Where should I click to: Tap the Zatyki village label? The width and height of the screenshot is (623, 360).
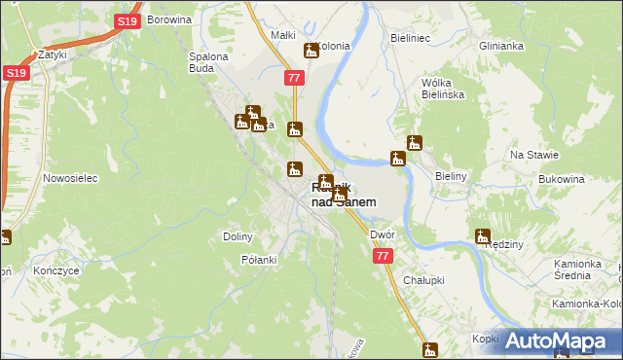point(52,54)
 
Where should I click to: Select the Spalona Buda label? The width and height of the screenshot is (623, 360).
point(207,62)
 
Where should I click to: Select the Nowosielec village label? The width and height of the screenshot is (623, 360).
point(67,179)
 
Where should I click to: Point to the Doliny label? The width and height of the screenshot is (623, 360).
point(238,236)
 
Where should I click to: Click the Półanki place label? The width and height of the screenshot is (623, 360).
point(259,260)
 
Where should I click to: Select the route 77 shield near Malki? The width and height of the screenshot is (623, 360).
point(294,77)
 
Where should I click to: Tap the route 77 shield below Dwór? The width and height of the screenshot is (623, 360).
point(383,256)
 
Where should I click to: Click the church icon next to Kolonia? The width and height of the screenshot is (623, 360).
point(311,50)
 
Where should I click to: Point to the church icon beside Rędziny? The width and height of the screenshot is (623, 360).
point(482,235)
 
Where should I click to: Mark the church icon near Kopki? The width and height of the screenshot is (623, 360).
point(430,349)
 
